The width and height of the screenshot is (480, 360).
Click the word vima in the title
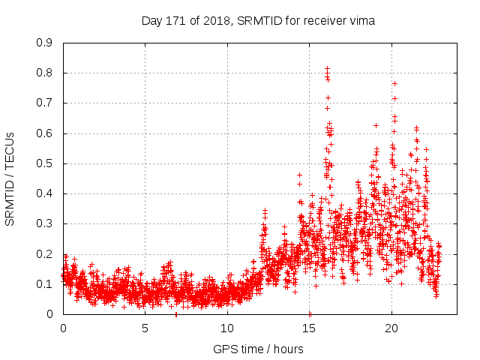(361, 20)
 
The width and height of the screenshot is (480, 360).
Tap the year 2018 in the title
(220, 20)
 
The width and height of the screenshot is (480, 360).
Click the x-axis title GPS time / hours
(258, 349)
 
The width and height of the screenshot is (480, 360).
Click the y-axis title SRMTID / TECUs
(10, 178)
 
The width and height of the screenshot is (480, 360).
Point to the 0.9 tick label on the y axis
(44, 43)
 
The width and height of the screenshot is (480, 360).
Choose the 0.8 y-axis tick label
(44, 73)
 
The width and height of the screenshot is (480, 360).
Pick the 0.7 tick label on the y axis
(44, 103)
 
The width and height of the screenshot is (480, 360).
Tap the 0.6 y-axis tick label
(44, 133)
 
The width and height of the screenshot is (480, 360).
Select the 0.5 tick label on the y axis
(44, 163)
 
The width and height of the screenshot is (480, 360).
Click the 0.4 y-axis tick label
(44, 193)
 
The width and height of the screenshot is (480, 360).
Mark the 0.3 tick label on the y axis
(44, 223)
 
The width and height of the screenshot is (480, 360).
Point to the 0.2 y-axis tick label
(44, 253)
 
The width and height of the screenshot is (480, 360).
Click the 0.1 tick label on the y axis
(44, 284)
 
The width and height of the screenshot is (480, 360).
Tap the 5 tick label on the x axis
(145, 328)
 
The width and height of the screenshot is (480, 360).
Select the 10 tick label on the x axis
(227, 328)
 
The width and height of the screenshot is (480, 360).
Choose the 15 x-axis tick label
(310, 328)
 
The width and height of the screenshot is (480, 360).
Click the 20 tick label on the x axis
(391, 328)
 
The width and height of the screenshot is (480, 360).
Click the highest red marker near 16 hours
(327, 68)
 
